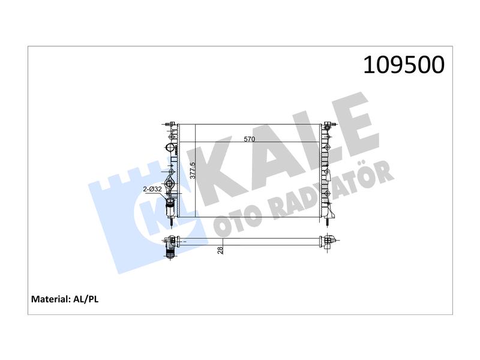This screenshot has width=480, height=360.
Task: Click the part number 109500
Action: [x=403, y=65]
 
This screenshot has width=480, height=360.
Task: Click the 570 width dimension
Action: [x=249, y=139]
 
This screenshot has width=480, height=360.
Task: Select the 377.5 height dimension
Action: [x=193, y=170]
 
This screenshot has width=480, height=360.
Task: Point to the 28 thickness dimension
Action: [x=220, y=250]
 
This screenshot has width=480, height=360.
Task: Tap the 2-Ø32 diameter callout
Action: [x=152, y=189]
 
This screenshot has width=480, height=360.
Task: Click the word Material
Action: [x=51, y=299]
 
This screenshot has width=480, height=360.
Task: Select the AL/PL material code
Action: [x=86, y=299]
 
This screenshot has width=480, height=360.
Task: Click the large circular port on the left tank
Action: [x=170, y=147]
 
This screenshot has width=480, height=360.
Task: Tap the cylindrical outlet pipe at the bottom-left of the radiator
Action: [x=170, y=208]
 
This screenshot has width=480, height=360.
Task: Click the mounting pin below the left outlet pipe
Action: [x=171, y=222]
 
